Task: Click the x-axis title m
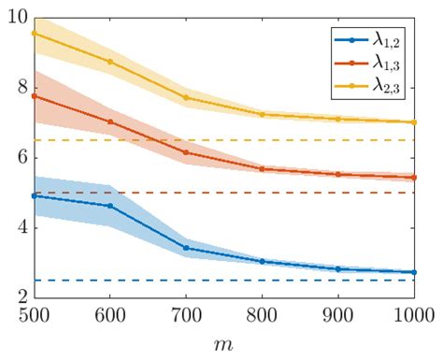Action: click(x=224, y=344)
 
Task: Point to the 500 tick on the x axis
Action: click(x=33, y=314)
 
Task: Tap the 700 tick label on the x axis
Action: click(x=186, y=314)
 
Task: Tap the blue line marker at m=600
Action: click(x=109, y=206)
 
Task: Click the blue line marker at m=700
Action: click(x=186, y=248)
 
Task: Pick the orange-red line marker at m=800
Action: click(x=263, y=169)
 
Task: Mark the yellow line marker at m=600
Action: click(x=109, y=62)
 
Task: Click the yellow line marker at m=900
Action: click(x=339, y=119)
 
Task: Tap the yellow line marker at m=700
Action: click(x=186, y=97)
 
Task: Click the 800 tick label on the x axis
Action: click(x=263, y=314)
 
